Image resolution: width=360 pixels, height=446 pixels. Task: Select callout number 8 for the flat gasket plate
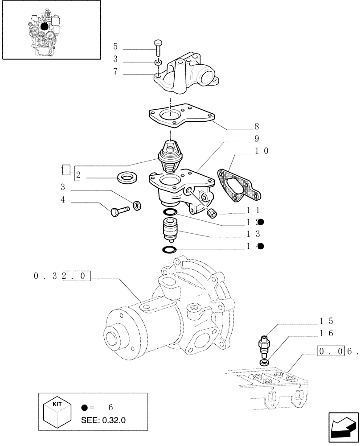click(256, 127)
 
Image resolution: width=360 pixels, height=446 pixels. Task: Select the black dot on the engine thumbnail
click(44, 27)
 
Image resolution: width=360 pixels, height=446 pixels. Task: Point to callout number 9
click(257, 139)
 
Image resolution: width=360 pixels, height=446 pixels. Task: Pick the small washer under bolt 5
click(158, 62)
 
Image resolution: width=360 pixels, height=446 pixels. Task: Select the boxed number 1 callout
click(65, 169)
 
